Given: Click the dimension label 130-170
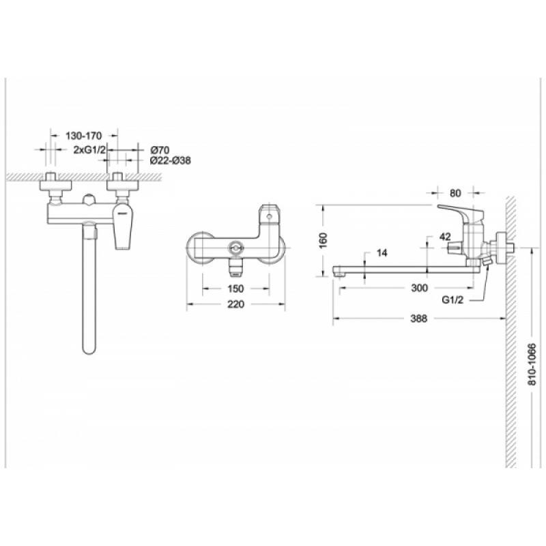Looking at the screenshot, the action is (x=83, y=135).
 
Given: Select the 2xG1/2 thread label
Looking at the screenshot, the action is (x=89, y=149).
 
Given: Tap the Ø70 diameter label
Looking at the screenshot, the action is (x=160, y=150).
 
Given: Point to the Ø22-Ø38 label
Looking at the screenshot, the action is (x=170, y=160).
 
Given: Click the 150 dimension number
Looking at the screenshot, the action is (x=235, y=289).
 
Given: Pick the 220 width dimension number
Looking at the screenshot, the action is (x=235, y=304).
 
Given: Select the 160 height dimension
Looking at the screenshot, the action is (x=324, y=241).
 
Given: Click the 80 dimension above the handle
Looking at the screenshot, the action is (x=455, y=193).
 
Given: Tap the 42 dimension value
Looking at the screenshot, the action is (x=445, y=237).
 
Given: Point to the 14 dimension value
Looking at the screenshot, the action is (x=382, y=253).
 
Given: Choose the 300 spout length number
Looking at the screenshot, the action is (x=419, y=288).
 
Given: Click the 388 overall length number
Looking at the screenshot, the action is (x=418, y=318).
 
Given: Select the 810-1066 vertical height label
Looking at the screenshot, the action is (x=532, y=364).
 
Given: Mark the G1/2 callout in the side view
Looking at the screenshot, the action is (x=452, y=300).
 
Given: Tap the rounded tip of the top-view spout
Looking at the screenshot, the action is (x=89, y=349).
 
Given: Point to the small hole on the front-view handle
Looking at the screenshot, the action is (x=269, y=217).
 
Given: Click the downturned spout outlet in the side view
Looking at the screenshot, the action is (x=338, y=271).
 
